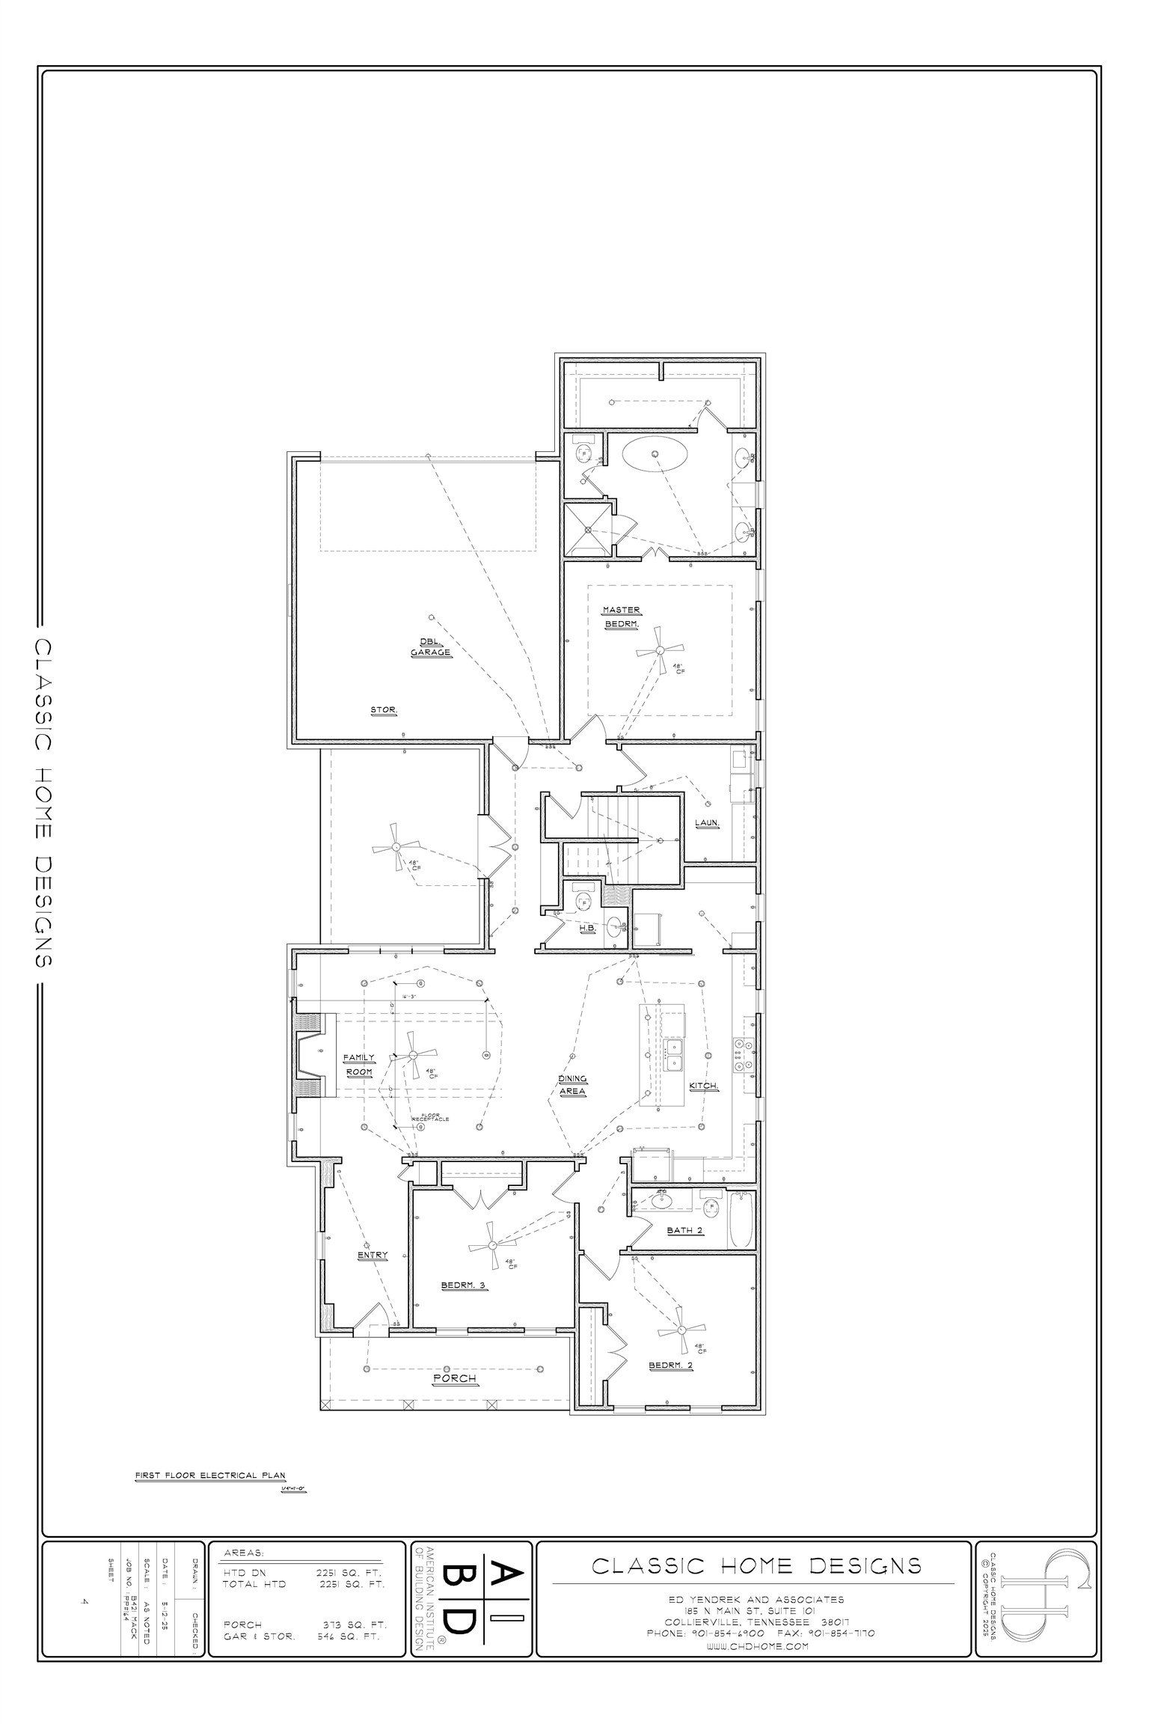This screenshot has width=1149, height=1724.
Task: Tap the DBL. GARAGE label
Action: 431,647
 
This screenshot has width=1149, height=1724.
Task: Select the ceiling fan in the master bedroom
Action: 659,650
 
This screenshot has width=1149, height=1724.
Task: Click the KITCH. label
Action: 705,1086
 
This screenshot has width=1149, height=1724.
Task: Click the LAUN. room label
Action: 707,822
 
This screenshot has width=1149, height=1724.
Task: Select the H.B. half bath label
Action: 587,927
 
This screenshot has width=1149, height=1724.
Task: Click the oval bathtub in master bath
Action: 655,454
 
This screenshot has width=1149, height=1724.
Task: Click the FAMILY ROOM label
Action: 358,1065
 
